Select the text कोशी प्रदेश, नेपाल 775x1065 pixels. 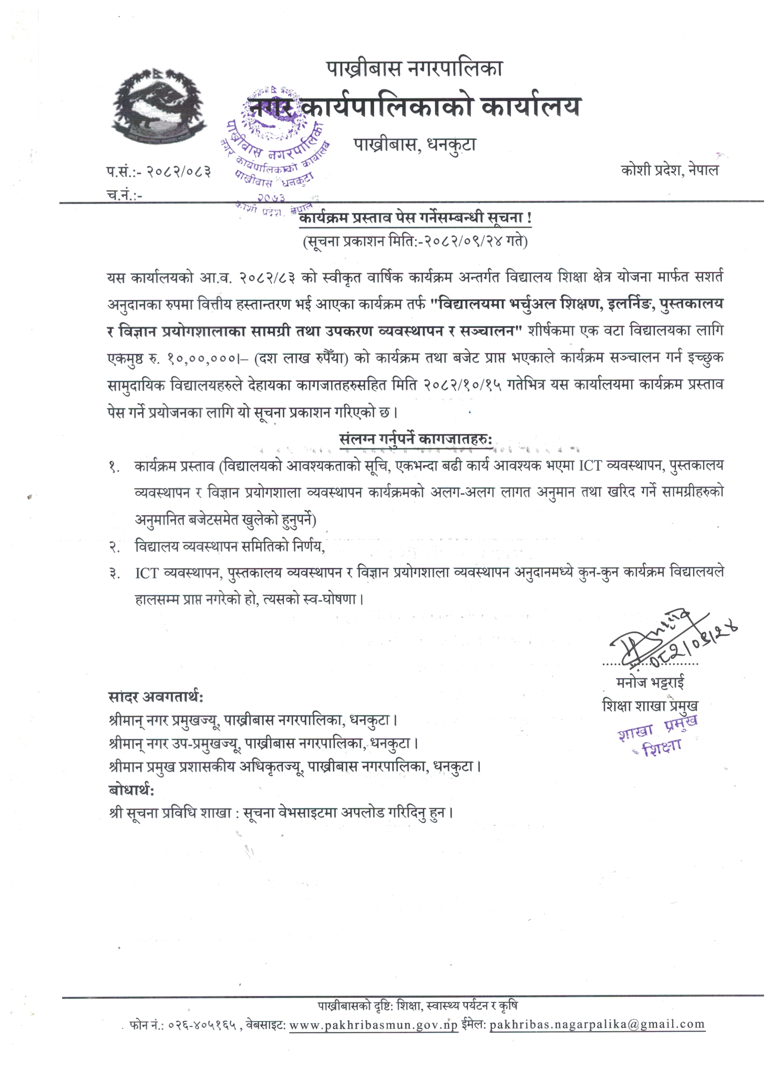669,170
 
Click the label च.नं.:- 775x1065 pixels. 124,195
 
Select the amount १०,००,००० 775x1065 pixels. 200,358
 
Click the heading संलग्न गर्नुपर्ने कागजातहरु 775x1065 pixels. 415,440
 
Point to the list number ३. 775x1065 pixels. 114,574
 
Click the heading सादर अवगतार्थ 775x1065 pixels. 155,697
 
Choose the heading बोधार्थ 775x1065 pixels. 131,791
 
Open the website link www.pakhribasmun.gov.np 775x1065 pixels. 373,1024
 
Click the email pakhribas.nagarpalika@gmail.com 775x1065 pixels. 597,1024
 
